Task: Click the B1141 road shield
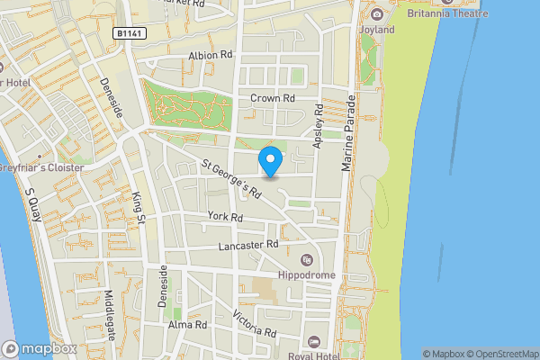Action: pos(129,32)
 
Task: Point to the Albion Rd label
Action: pos(211,55)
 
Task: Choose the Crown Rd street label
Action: pos(273,98)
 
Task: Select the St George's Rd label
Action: pos(231,179)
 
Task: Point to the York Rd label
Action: pos(225,217)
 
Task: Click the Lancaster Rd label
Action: pos(248,245)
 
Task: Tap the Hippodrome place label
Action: pos(307,274)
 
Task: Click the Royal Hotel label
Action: pos(337,342)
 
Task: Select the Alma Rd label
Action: pos(187,323)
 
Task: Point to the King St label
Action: pos(138,202)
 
